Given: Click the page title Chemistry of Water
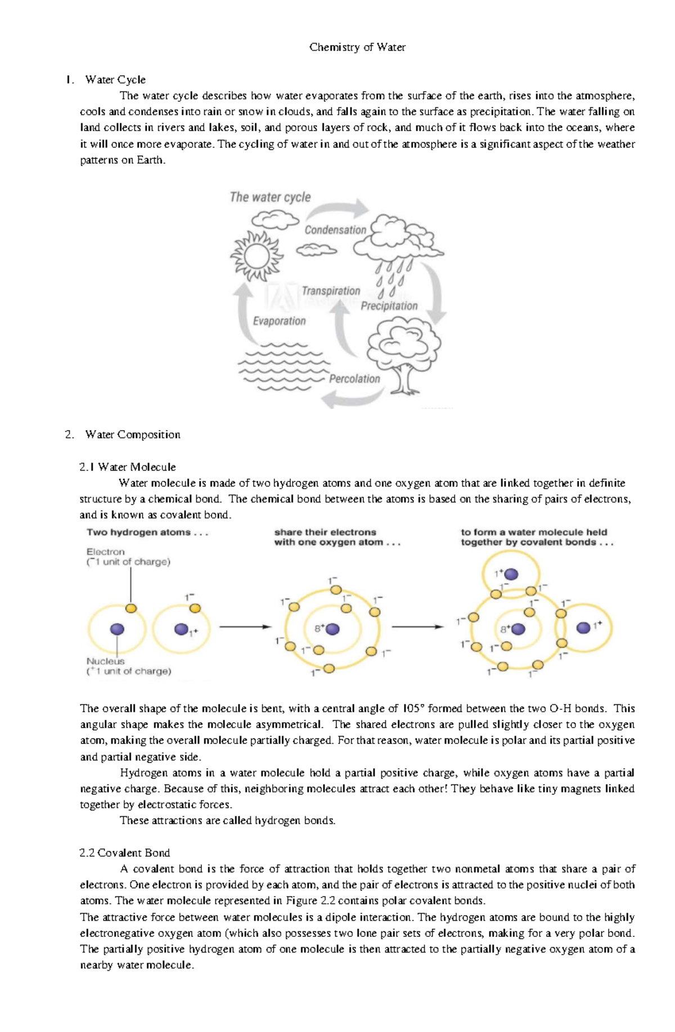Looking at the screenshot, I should tap(357, 47).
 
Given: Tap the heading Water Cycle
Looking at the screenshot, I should tap(115, 79).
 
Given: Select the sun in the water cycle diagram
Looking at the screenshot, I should tap(256, 256).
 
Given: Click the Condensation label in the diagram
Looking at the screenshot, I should tap(335, 229).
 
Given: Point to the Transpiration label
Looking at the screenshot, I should tap(331, 291).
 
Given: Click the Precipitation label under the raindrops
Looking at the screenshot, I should tap(389, 306).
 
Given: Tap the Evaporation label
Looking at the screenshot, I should tap(279, 321).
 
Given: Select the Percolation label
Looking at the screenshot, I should tap(354, 378).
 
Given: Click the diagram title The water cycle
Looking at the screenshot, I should tap(270, 197).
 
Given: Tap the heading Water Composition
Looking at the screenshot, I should tap(133, 434).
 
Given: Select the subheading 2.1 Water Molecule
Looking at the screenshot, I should tap(128, 467).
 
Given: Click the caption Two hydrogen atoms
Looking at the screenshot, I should tap(147, 532).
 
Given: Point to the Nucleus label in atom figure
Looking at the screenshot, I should tap(105, 661).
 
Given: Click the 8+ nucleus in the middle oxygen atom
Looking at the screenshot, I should tap(332, 629).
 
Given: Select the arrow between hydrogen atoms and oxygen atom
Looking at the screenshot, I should tap(245, 627).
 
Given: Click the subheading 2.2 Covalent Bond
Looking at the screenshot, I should tap(125, 853).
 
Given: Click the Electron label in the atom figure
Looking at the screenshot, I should tap(106, 552).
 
